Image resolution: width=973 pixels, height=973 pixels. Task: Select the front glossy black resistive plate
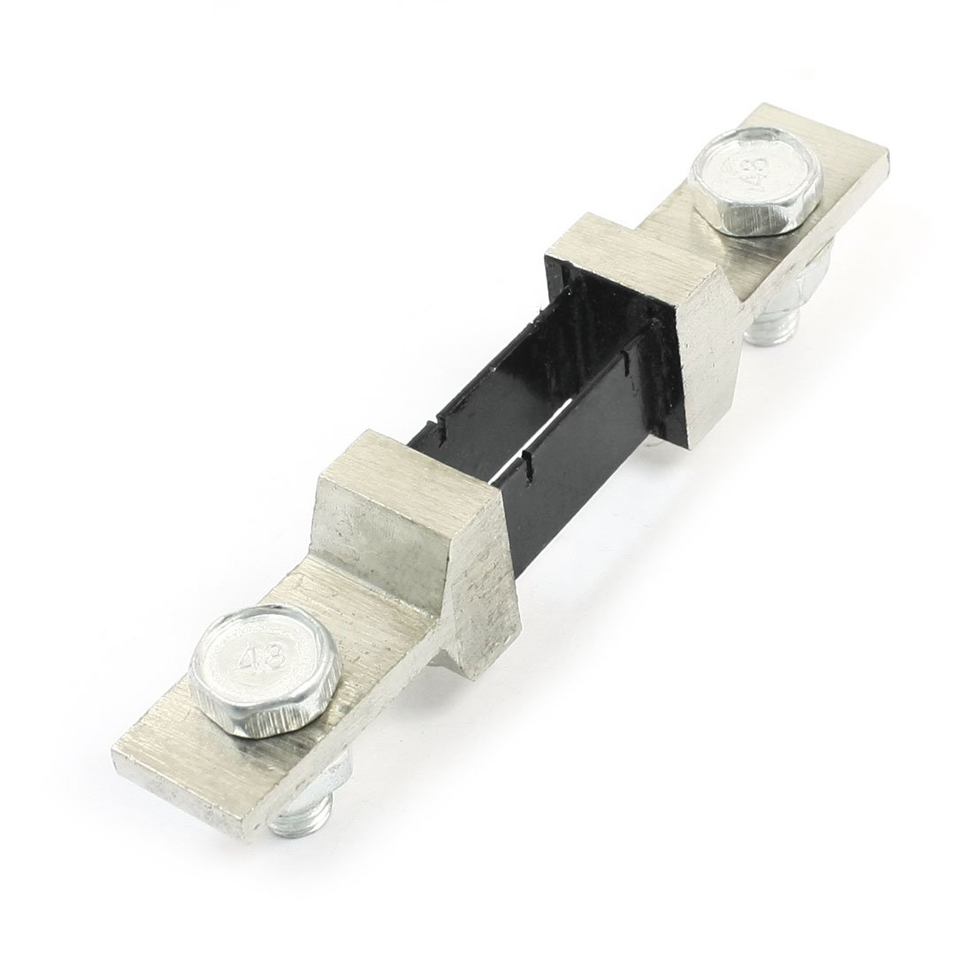pos(575,442)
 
